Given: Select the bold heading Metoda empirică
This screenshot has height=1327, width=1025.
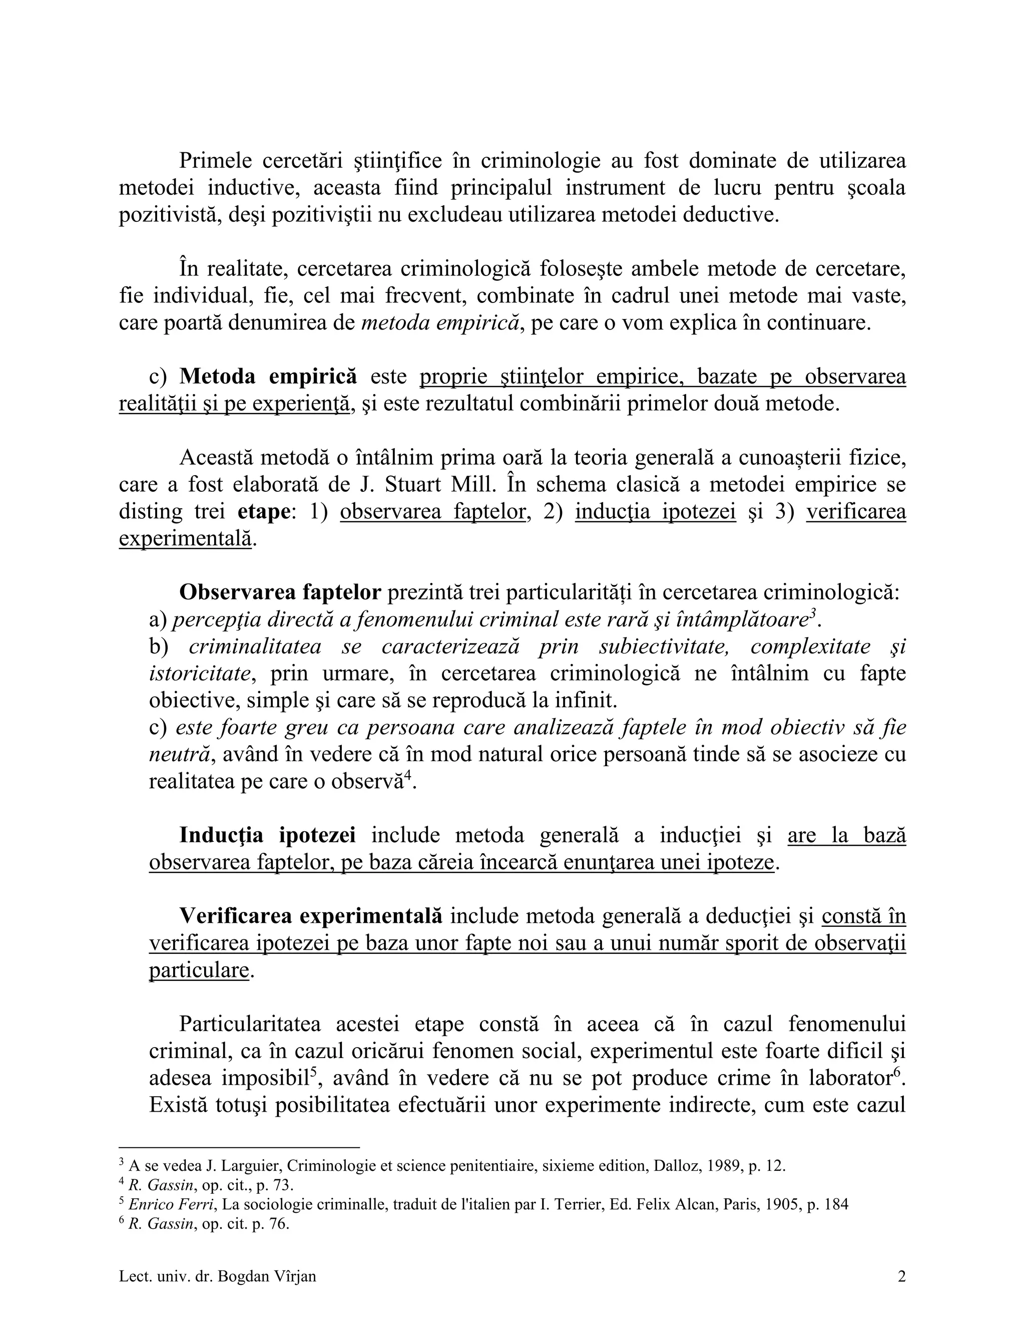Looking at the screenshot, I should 268,377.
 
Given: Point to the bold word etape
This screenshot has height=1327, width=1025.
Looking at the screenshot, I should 263,512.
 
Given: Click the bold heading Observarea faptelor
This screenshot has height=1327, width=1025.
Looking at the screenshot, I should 280,592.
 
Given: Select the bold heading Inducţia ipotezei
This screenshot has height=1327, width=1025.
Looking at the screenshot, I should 267,835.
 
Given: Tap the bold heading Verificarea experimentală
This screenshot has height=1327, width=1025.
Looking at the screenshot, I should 310,916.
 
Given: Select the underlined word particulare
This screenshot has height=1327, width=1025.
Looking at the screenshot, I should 199,970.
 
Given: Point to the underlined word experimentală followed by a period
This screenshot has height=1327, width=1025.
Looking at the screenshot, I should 185,539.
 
